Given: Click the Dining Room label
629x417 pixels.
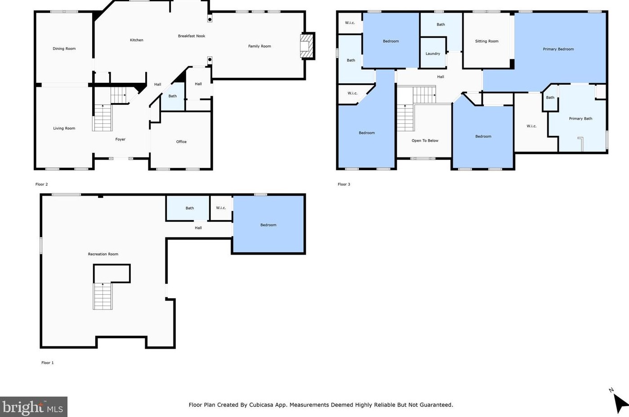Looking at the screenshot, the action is [x=64, y=49].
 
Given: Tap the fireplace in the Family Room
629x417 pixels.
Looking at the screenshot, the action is [x=307, y=46].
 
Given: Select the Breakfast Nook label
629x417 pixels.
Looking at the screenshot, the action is [x=192, y=36].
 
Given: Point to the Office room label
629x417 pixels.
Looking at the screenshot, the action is [x=181, y=142].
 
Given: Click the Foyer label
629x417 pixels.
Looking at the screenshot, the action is [x=120, y=139].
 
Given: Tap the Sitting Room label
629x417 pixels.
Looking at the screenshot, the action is [x=486, y=41].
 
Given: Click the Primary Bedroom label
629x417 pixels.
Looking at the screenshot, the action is [x=558, y=49].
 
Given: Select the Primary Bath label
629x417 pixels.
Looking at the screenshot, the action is [x=580, y=119].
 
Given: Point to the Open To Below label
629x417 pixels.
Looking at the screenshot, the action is [x=425, y=140].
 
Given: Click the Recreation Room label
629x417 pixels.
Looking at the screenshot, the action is [x=103, y=254].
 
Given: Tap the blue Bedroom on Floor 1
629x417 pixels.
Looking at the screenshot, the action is [x=269, y=224].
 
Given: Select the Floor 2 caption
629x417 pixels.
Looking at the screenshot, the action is [x=41, y=184].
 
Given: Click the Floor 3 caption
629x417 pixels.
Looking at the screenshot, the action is [x=343, y=184].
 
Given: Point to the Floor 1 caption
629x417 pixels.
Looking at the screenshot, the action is [x=48, y=363].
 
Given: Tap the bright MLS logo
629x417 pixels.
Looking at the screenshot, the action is [x=33, y=407].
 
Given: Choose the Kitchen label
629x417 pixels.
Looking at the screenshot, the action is [x=137, y=40].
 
